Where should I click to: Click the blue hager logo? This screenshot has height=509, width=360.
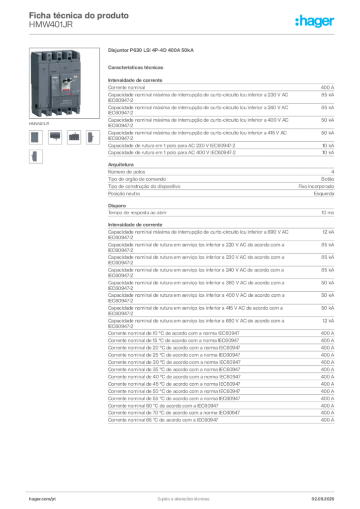[315, 21]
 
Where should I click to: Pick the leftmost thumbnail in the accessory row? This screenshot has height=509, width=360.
[35, 137]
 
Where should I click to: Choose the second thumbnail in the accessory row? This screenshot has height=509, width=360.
[55, 137]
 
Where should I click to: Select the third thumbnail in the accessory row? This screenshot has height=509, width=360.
[74, 137]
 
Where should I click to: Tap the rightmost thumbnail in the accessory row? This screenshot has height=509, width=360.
[91, 137]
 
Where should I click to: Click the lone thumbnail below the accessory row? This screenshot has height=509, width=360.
[35, 156]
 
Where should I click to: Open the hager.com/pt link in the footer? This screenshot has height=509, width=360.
[42, 498]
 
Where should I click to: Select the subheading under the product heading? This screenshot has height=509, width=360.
[137, 67]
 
